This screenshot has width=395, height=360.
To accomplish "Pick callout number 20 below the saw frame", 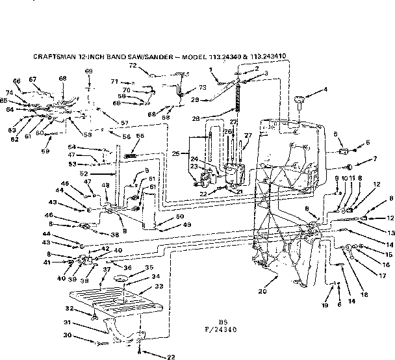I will [x=262, y=291].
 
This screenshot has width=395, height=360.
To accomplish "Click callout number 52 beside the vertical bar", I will [x=101, y=174].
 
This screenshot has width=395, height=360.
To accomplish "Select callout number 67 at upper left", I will [x=33, y=79].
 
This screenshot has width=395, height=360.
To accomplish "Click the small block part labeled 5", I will [x=342, y=151].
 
